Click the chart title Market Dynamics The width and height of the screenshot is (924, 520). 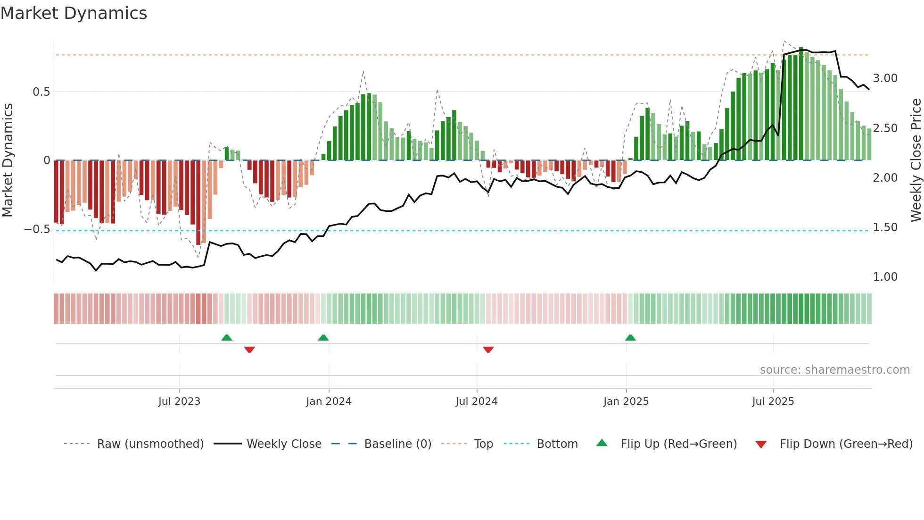pyautogui.click(x=74, y=13)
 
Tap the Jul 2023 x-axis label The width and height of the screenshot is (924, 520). pyautogui.click(x=179, y=402)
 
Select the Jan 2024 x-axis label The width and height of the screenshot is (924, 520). pyautogui.click(x=329, y=402)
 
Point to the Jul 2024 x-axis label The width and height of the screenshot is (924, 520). pyautogui.click(x=477, y=402)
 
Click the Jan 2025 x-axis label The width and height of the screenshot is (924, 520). pyautogui.click(x=626, y=402)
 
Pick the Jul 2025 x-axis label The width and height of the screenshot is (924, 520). pyautogui.click(x=773, y=402)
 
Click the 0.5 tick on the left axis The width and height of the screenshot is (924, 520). pyautogui.click(x=41, y=92)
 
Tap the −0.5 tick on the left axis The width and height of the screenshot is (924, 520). pyautogui.click(x=37, y=229)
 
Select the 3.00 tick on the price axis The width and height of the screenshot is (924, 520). pyautogui.click(x=885, y=78)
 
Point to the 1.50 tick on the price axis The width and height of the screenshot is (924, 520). pyautogui.click(x=885, y=227)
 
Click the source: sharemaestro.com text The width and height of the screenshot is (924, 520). pyautogui.click(x=834, y=370)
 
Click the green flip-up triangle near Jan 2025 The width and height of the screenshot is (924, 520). pyautogui.click(x=630, y=337)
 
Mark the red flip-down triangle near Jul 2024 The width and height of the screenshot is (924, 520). pyautogui.click(x=488, y=350)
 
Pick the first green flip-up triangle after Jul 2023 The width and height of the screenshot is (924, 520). pyautogui.click(x=227, y=337)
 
